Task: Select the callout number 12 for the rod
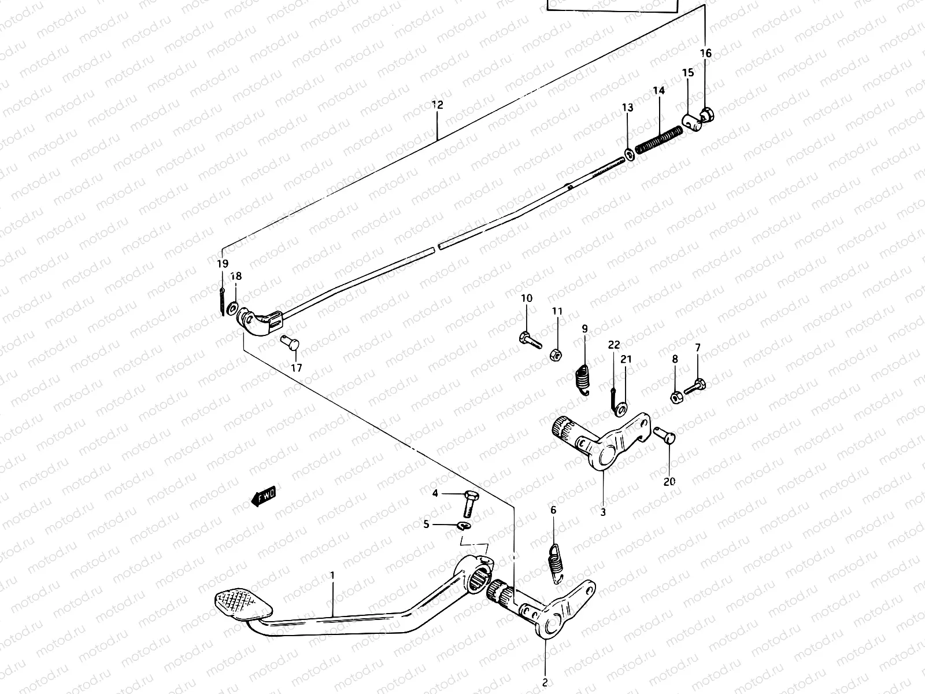[437, 105]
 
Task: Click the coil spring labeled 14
[658, 140]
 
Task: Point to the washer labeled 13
[628, 155]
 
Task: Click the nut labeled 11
[553, 354]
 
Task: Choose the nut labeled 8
[675, 397]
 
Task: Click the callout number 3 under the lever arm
[603, 512]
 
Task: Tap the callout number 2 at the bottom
[545, 682]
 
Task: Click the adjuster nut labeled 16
[708, 116]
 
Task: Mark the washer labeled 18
[232, 307]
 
